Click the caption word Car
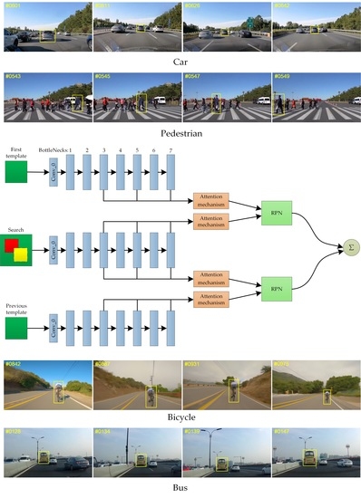180,62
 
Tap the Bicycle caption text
180,419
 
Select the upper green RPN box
275,213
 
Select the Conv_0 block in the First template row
54,170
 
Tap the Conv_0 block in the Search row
54,247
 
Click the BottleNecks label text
52,148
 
